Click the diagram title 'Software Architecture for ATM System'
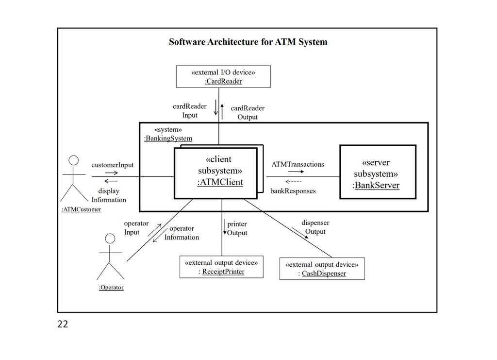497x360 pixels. (248, 42)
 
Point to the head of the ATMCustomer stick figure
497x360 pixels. (74, 160)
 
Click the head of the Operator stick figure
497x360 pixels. (110, 239)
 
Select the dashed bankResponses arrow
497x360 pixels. (294, 182)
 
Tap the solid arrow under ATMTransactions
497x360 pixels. (296, 171)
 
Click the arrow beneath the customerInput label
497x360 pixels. (112, 173)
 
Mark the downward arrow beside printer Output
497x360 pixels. (225, 227)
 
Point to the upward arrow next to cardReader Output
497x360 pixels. (222, 112)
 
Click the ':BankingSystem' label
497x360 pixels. (168, 138)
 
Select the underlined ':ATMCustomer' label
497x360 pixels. (82, 209)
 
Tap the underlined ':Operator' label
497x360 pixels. (111, 287)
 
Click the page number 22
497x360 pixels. (63, 324)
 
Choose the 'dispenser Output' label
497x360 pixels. (315, 227)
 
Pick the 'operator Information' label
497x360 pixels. (182, 233)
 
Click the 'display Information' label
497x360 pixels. (109, 195)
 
